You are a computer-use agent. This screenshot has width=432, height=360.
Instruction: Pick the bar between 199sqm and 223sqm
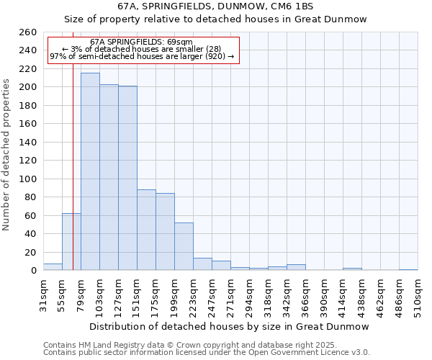[184, 246]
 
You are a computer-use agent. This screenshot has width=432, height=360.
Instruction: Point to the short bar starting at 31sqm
[53, 267]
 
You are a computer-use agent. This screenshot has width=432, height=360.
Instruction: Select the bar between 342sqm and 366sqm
[296, 267]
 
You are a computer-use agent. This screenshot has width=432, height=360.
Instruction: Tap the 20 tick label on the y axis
[30, 252]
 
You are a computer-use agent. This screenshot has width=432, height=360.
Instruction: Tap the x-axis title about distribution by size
[230, 326]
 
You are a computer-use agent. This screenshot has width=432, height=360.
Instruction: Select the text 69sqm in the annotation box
[179, 42]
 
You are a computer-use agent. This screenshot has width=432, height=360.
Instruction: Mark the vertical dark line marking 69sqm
[73, 166]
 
